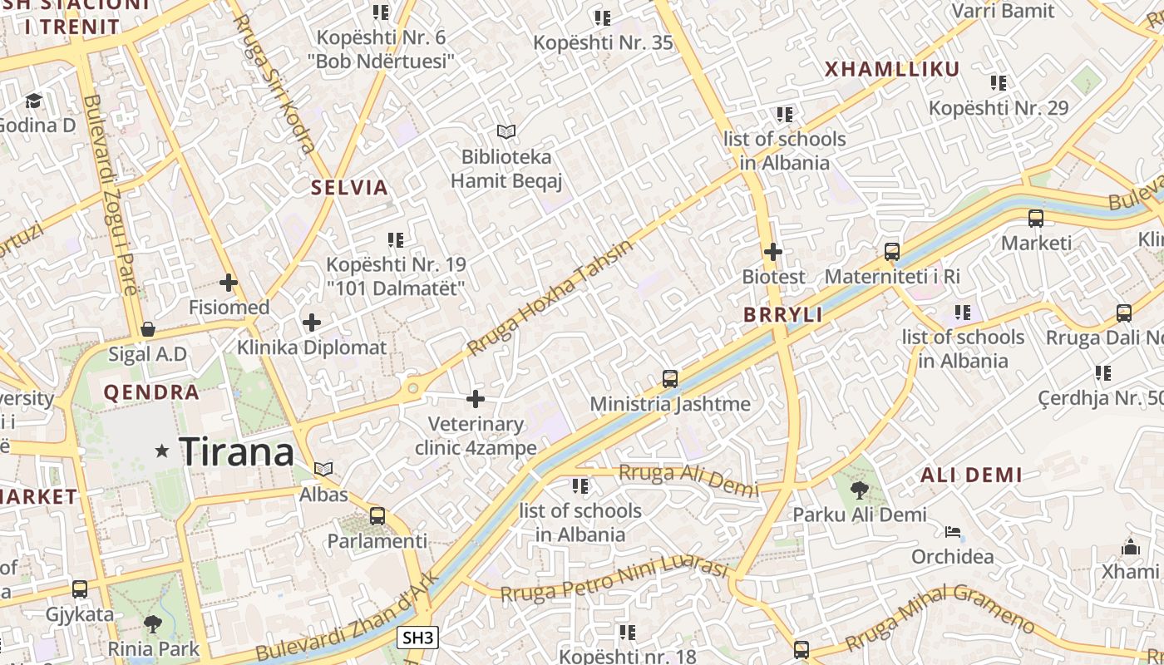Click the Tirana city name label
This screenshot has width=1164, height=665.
click(237, 451)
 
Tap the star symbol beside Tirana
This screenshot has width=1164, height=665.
click(162, 451)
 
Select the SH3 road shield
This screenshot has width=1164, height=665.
click(417, 638)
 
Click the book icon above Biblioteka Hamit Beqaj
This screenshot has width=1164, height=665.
click(506, 131)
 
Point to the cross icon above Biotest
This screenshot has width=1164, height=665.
click(773, 251)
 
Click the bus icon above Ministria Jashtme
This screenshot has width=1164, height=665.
click(670, 379)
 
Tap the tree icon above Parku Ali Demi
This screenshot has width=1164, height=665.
click(859, 490)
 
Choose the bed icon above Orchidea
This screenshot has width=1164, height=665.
click(953, 532)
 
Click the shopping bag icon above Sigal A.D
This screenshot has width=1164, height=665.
click(148, 329)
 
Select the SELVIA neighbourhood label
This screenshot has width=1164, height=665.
click(350, 188)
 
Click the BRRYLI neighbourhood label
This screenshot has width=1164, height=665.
click(782, 315)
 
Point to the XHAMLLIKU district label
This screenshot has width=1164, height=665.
click(892, 70)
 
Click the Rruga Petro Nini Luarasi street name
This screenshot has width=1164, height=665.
click(614, 579)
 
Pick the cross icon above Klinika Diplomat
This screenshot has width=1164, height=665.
click(312, 323)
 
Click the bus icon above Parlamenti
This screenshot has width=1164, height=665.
click(377, 516)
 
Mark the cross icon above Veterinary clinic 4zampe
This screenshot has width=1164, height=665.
click(476, 400)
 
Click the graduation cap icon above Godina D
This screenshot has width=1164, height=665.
click(33, 101)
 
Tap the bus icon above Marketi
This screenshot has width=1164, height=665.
click(1036, 219)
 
